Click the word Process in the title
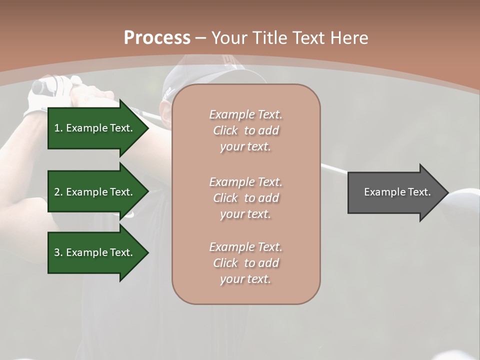157,38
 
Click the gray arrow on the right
395,192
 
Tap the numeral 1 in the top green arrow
57,128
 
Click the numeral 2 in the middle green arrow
57,192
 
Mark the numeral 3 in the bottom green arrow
57,253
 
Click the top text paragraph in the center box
245,130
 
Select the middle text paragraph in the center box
245,197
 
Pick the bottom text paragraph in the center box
245,263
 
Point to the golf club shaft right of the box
334,169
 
